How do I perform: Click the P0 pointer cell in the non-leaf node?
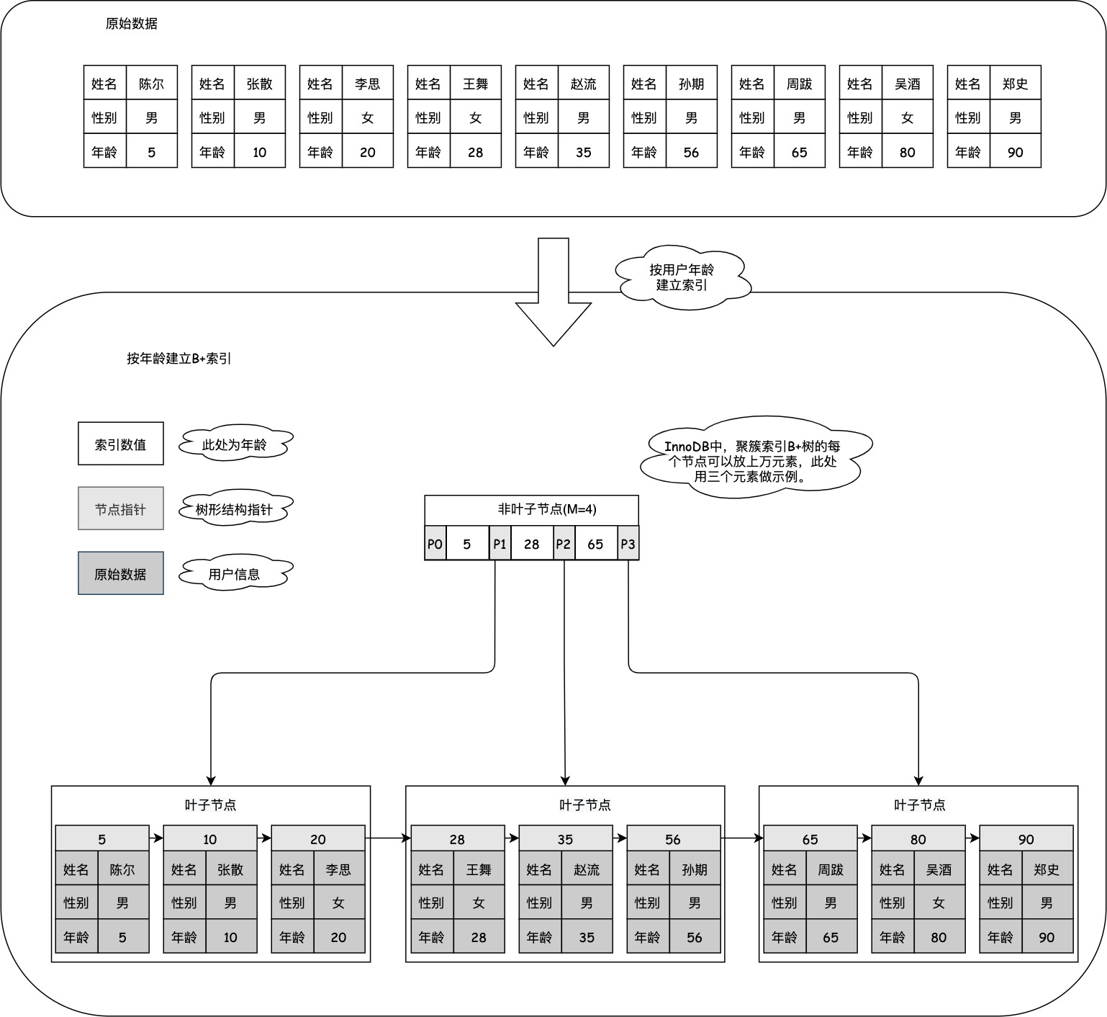[x=435, y=544]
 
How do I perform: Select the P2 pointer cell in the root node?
[x=564, y=544]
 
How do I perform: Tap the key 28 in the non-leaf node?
[x=531, y=544]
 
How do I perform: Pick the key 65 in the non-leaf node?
[x=595, y=544]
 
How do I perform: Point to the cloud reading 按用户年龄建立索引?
[x=682, y=277]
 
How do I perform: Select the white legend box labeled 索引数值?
[x=121, y=444]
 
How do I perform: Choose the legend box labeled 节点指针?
[x=121, y=508]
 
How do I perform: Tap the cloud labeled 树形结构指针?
[x=235, y=509]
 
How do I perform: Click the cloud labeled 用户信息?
[x=235, y=574]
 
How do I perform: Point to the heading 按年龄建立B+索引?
[x=179, y=358]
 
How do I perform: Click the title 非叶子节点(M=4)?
[x=547, y=509]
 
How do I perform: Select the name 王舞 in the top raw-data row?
[x=476, y=84]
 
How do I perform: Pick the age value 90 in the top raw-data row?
[x=1015, y=152]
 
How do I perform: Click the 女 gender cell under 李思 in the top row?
[x=368, y=117]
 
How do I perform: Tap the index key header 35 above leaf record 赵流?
[x=565, y=839]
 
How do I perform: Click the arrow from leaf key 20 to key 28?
[x=387, y=838]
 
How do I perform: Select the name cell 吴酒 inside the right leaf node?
[x=939, y=869]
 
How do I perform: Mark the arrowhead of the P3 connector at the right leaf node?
[x=918, y=781]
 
